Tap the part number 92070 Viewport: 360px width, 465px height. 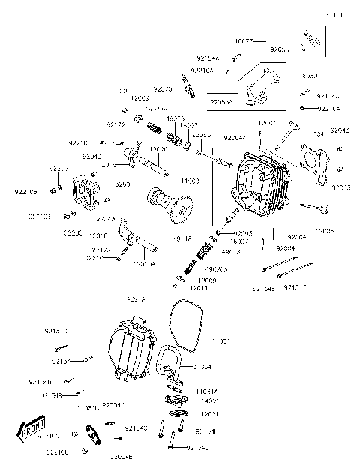click(x=163, y=88)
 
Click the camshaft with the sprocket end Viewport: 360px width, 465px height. click(x=164, y=204)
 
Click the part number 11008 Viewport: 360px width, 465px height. click(x=190, y=181)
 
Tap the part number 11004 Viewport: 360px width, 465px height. click(x=314, y=134)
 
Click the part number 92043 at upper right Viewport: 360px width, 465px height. click(x=340, y=130)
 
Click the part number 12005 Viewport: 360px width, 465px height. click(x=325, y=232)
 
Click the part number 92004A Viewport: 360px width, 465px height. click(x=235, y=138)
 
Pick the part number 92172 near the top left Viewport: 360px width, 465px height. click(x=115, y=124)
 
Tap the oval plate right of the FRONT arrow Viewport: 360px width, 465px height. click(x=95, y=437)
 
